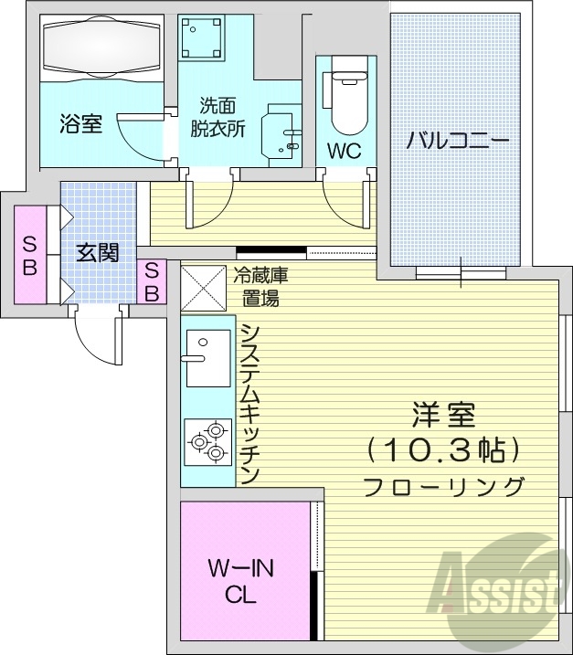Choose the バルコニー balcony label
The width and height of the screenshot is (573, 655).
(456, 142)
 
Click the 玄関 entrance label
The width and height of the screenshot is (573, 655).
(97, 253)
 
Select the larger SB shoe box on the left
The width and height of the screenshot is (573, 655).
(30, 256)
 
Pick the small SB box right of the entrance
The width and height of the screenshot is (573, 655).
(152, 281)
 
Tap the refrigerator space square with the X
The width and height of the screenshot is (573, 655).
(201, 286)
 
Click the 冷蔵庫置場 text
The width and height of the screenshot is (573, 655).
(261, 286)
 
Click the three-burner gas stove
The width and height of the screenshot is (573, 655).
(207, 441)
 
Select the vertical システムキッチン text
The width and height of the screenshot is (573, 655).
(249, 402)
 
